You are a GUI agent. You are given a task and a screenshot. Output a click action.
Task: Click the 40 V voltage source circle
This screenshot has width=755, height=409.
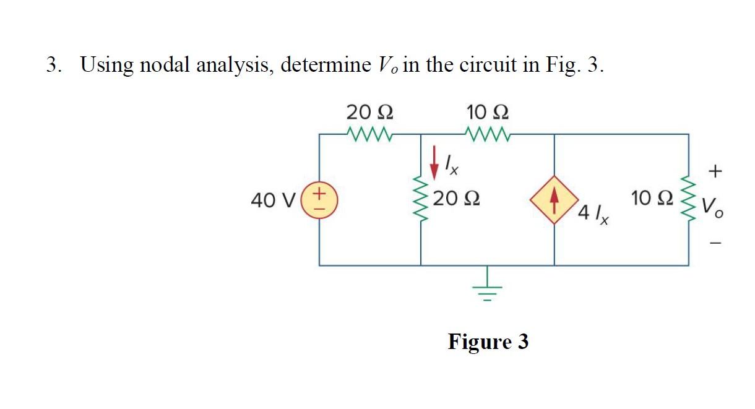[319, 200]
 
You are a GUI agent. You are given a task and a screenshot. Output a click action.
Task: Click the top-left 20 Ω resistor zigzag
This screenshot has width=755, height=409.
[369, 133]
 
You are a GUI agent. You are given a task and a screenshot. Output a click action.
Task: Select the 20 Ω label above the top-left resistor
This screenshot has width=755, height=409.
[369, 113]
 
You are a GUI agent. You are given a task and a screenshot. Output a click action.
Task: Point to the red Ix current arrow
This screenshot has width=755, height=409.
[434, 158]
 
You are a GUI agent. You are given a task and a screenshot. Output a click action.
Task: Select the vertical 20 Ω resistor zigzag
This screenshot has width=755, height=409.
[421, 200]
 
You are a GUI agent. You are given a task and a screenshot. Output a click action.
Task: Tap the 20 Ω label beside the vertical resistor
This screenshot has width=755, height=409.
[456, 199]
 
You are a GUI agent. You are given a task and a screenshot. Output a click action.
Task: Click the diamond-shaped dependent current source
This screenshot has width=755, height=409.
[554, 200]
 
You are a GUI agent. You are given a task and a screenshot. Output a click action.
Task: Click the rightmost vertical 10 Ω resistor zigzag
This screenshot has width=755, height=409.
[688, 199]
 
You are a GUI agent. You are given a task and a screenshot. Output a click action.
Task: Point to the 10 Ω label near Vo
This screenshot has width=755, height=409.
[650, 199]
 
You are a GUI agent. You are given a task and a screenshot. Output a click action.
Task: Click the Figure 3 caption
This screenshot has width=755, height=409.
[488, 341]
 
